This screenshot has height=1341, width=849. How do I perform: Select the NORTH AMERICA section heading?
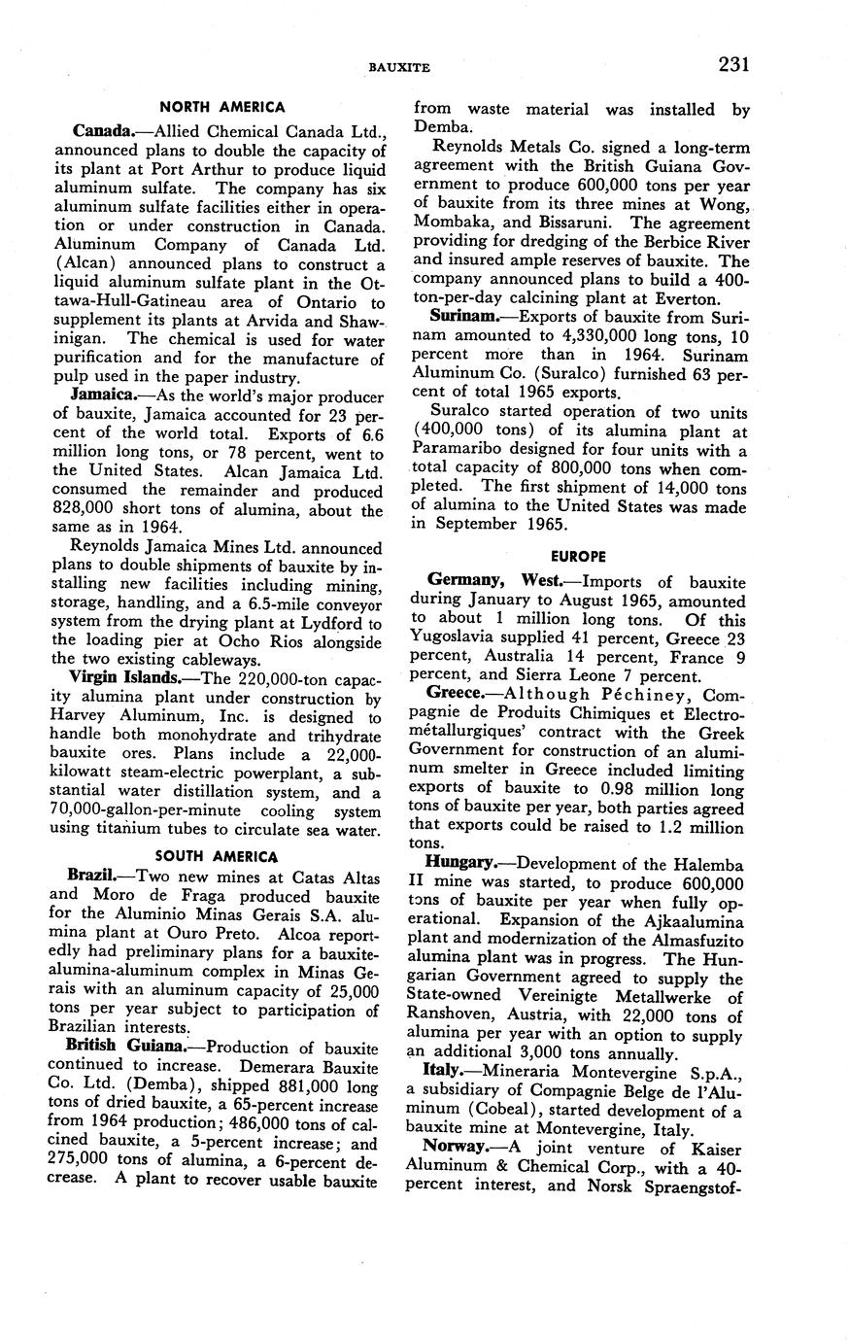click(x=222, y=108)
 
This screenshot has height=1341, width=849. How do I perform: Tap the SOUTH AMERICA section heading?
click(x=222, y=856)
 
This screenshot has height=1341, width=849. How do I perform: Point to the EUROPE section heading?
click(x=578, y=556)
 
